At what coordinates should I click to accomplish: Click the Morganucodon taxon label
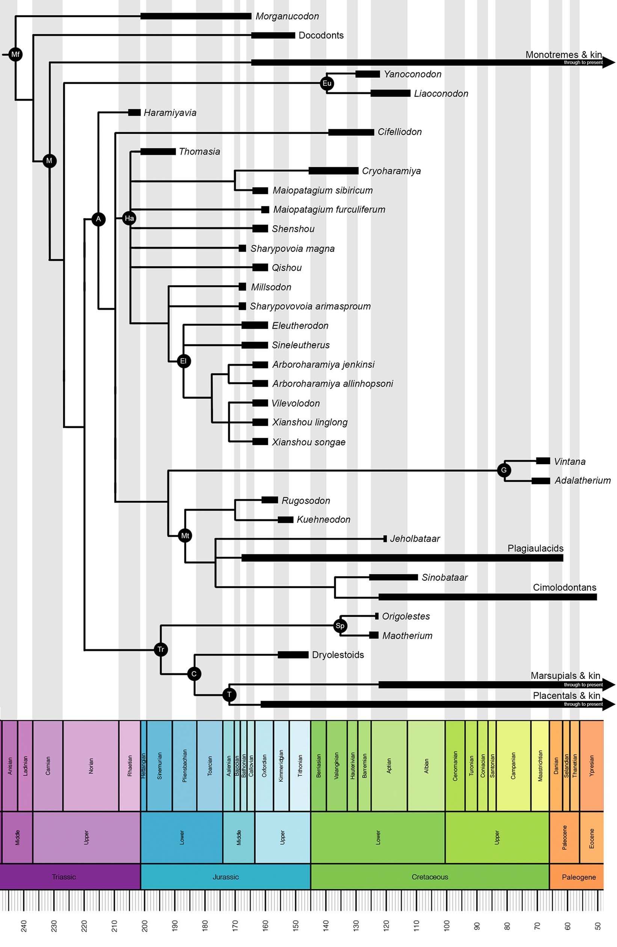point(287,16)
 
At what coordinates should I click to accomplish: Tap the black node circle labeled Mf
point(15,54)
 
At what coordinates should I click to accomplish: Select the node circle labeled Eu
point(327,83)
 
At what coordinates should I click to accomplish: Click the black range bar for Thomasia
point(158,152)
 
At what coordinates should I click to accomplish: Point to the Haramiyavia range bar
point(134,113)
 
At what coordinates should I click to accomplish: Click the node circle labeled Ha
point(129,218)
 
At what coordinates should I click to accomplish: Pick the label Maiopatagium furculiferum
point(329,209)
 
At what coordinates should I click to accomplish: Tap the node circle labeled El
point(183,361)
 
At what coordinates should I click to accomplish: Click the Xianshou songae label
point(308,442)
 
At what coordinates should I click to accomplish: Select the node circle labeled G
point(504,470)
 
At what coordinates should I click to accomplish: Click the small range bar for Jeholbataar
point(385,539)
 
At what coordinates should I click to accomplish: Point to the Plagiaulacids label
point(535,548)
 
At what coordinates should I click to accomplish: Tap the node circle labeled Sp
point(340,625)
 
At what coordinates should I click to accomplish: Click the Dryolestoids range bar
point(293,654)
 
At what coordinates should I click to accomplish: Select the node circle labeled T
point(229,695)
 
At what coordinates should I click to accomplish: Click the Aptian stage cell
point(389,765)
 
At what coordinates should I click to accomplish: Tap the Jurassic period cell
point(226,877)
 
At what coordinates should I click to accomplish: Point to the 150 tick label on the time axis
point(296,926)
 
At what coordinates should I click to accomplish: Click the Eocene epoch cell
point(591,838)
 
